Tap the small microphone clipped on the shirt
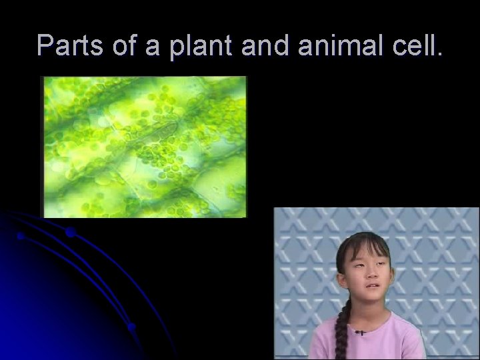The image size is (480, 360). (x=360, y=331)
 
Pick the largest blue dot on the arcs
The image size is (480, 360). (x=70, y=233)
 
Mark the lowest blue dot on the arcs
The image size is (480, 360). (x=132, y=327)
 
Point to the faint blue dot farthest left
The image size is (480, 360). (x=21, y=236)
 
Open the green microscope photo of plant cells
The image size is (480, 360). (x=144, y=147)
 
